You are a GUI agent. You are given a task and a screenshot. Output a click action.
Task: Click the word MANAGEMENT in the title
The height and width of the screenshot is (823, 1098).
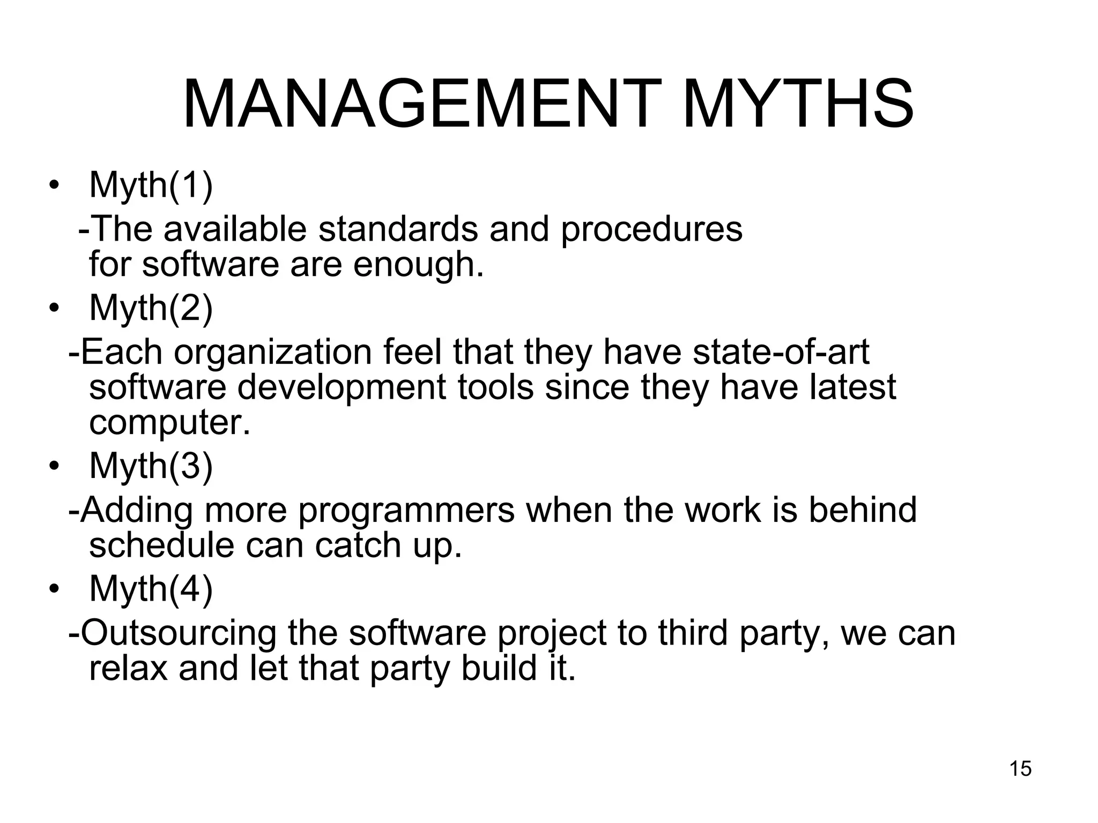[x=419, y=104]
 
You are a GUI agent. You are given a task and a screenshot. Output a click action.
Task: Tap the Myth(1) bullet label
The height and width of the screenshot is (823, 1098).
[x=151, y=185]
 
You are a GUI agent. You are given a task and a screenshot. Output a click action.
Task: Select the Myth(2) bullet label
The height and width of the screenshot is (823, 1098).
[x=151, y=308]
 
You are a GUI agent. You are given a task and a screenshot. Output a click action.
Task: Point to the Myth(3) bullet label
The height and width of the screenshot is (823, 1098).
[x=151, y=466]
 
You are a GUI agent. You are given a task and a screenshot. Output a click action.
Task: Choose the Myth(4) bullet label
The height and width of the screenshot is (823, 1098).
[x=151, y=589]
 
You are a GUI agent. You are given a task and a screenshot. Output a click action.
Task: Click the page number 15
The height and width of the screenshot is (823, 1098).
[x=1020, y=768]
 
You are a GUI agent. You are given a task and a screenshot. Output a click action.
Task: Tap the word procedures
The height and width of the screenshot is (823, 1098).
[x=651, y=230]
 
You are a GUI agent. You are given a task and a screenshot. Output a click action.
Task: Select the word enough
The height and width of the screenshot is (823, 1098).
[x=418, y=265]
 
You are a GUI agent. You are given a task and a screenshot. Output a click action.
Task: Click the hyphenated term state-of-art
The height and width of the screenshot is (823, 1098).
[x=781, y=352]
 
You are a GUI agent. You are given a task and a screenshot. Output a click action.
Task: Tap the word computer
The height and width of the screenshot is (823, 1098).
[x=169, y=423]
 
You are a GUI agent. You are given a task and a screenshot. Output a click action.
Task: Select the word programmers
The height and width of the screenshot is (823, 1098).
[x=406, y=511]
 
